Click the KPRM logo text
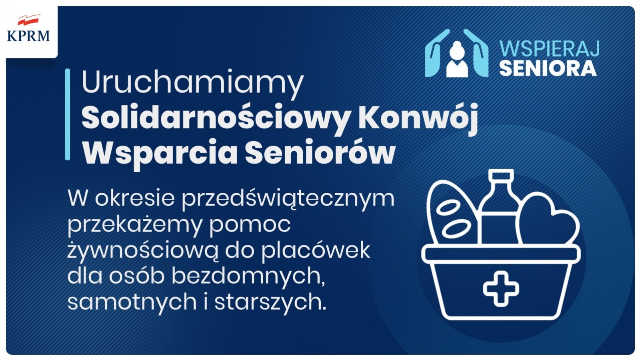[28, 36]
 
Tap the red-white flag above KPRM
[28, 20]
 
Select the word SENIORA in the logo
[548, 68]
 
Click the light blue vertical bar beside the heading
[68, 114]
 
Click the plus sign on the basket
[501, 288]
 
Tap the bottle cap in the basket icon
[501, 174]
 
